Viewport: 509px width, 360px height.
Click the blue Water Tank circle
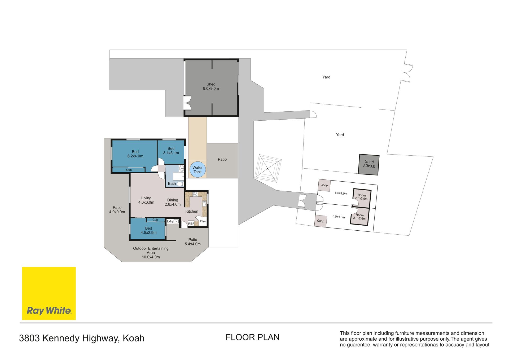198,170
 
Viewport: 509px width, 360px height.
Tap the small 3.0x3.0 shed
369,165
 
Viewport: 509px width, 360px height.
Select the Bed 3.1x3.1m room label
171,151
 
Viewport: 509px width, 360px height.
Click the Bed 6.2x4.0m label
135,154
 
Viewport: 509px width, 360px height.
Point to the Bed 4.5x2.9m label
148,230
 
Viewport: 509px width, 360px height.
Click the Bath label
172,183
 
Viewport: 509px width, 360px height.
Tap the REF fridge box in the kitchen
191,224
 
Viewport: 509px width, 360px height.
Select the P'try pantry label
203,221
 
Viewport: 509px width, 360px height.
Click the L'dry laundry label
170,221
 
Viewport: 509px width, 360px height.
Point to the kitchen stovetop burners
195,194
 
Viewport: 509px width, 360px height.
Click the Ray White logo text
49,310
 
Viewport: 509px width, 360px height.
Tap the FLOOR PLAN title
253,337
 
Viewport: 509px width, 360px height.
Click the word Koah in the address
134,338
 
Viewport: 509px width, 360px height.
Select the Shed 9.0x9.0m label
211,86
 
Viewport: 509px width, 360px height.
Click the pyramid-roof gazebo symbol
268,168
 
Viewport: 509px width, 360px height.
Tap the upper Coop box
324,185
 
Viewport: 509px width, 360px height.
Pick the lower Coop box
321,221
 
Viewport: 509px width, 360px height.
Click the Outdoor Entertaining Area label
151,253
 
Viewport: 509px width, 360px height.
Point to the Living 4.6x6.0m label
146,200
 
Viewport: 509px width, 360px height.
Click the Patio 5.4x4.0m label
193,242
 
